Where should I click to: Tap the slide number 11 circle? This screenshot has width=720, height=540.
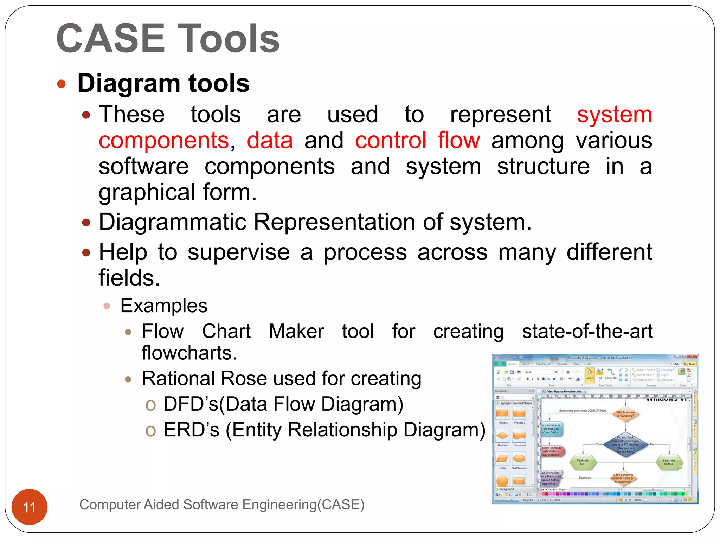[30, 507]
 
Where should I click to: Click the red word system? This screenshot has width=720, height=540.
[614, 115]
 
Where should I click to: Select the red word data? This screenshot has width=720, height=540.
[270, 140]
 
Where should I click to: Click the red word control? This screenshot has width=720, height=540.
[391, 140]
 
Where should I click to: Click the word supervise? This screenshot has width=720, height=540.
[238, 252]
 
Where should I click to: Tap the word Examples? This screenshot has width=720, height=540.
[163, 306]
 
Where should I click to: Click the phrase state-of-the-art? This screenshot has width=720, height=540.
[587, 331]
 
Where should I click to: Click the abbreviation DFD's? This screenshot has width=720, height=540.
[191, 404]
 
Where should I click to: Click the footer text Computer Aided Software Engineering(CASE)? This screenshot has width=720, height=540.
[222, 504]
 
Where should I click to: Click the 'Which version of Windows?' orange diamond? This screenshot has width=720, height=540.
[625, 414]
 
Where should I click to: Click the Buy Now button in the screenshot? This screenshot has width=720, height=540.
[689, 364]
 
